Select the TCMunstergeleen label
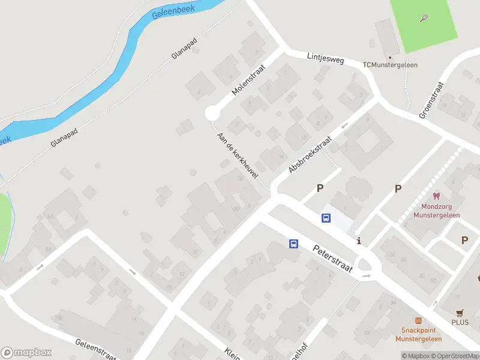(390, 65)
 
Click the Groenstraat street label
(431, 100)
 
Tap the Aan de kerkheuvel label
(238, 155)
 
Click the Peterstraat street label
(332, 256)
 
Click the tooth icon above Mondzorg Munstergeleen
(436, 195)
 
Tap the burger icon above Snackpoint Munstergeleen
(418, 321)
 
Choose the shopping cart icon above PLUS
(460, 313)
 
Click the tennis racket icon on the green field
(424, 18)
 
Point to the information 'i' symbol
(359, 241)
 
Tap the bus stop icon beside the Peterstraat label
(294, 244)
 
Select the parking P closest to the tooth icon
(398, 189)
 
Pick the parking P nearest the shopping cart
(464, 240)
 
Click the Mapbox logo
(26, 353)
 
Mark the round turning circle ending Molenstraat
(212, 113)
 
